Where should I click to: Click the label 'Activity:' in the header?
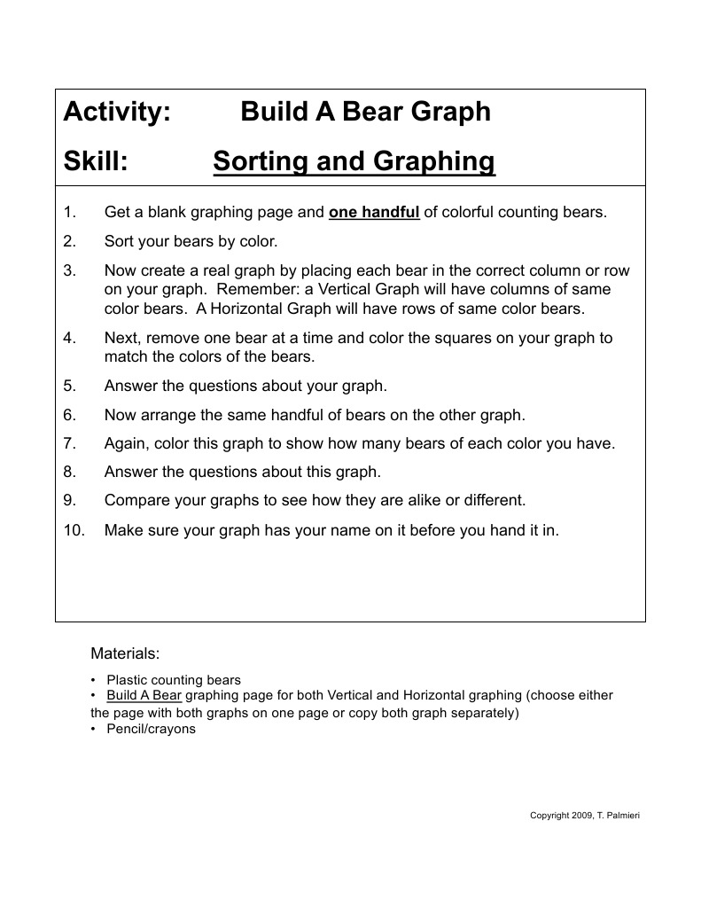pyautogui.click(x=117, y=113)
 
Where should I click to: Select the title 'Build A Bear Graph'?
pyautogui.click(x=365, y=113)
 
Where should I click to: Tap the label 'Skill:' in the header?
pyautogui.click(x=97, y=162)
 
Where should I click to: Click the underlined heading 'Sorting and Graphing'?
pyautogui.click(x=354, y=162)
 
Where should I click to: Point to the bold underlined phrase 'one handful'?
pyautogui.click(x=374, y=213)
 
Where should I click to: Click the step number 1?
pyautogui.click(x=70, y=213)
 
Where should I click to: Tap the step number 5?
pyautogui.click(x=70, y=386)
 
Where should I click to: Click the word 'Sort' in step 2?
pyautogui.click(x=120, y=241)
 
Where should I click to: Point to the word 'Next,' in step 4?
pyautogui.click(x=123, y=338)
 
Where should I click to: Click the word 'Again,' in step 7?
pyautogui.click(x=127, y=443)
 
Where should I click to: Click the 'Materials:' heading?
pyautogui.click(x=125, y=654)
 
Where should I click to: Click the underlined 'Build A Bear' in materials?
pyautogui.click(x=144, y=696)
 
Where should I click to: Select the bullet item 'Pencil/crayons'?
pyautogui.click(x=151, y=730)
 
